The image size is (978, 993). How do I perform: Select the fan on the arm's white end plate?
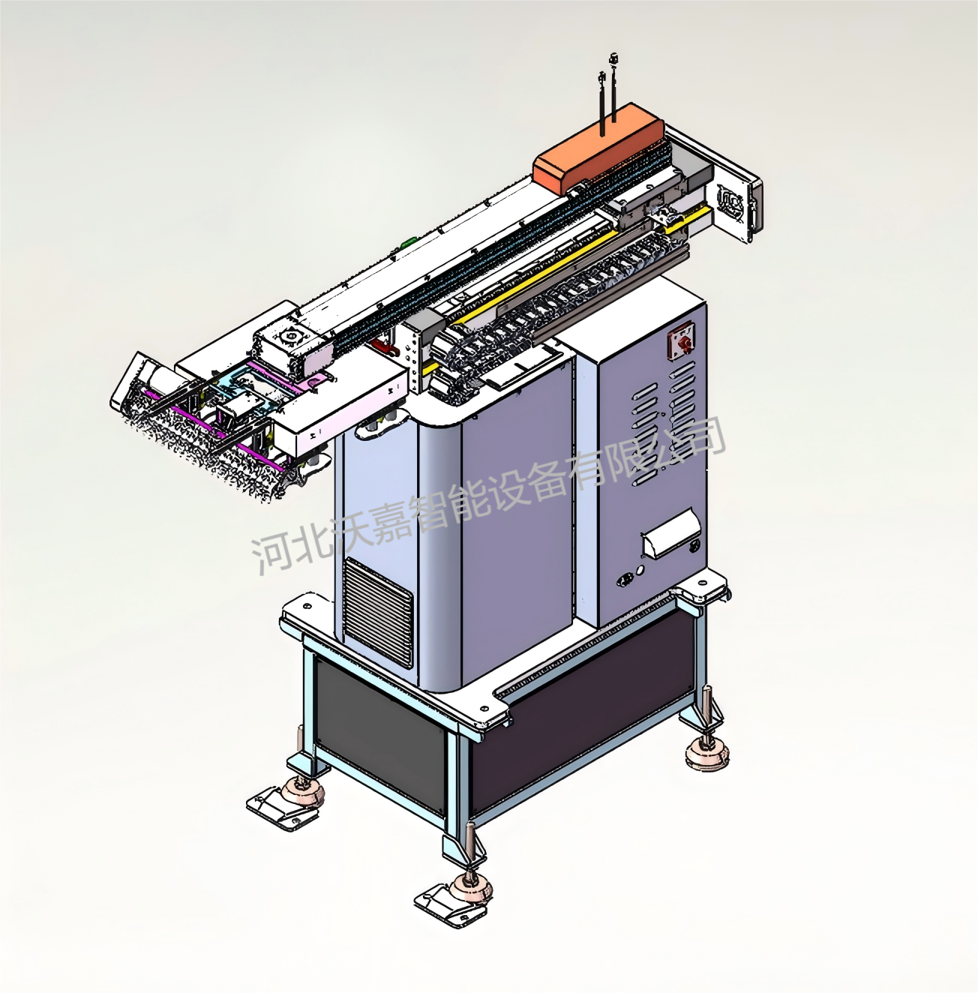[731, 202]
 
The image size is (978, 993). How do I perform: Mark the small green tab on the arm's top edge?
[409, 241]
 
